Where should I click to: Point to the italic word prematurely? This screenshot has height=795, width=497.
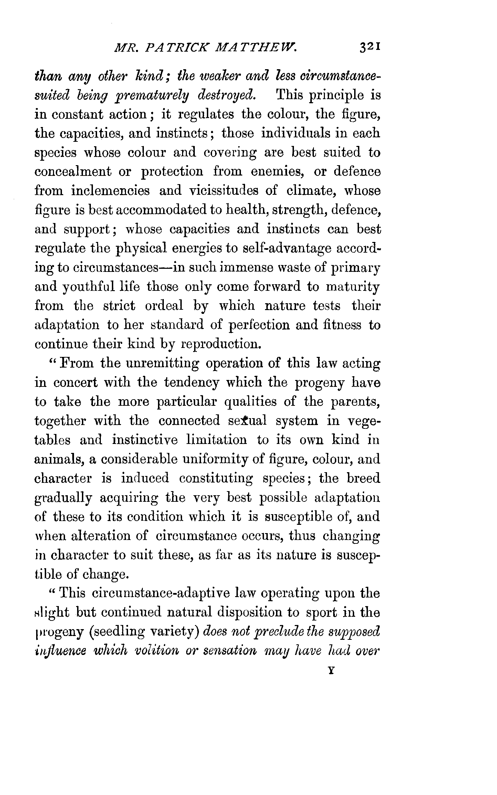pyautogui.click(x=147, y=95)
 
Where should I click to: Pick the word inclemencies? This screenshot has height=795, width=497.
pyautogui.click(x=110, y=191)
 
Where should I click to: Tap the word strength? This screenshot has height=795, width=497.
pyautogui.click(x=299, y=210)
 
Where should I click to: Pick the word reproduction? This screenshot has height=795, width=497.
pyautogui.click(x=219, y=344)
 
